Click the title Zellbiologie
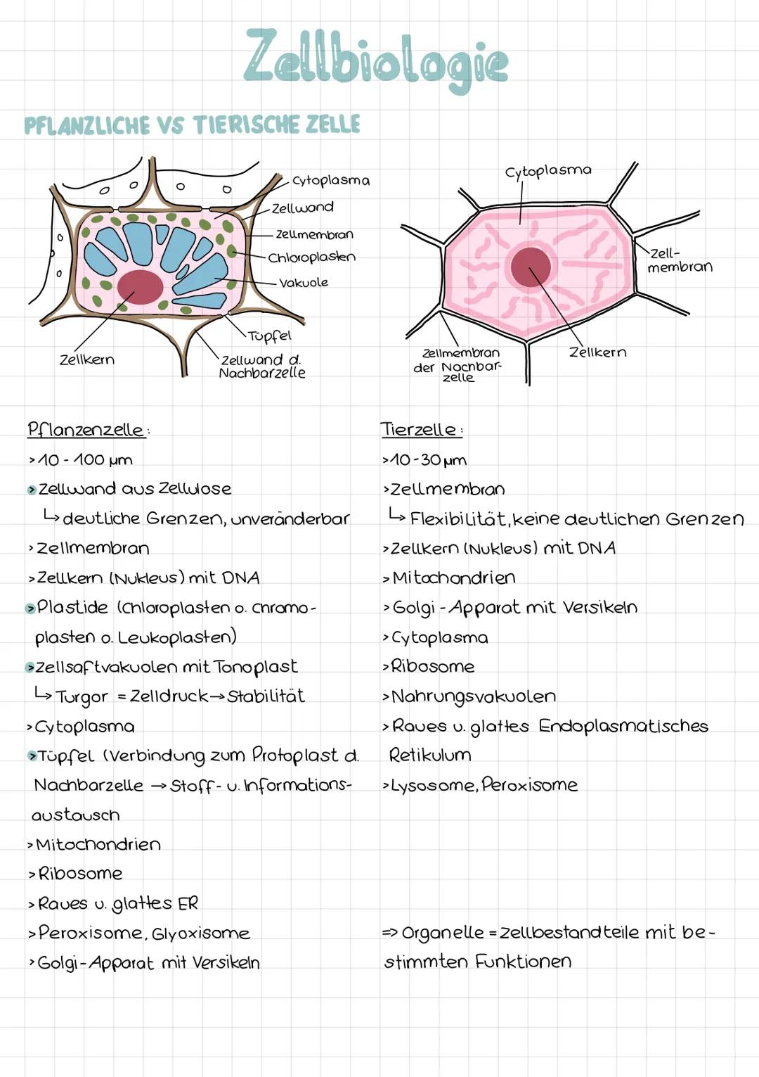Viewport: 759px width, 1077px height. (376, 61)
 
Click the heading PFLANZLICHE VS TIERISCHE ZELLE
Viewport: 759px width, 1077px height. (192, 125)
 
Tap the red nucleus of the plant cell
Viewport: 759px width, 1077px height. (140, 286)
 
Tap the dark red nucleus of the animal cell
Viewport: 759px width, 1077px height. (531, 267)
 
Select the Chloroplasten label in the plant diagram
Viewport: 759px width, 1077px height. (312, 257)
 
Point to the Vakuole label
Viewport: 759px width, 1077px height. (304, 283)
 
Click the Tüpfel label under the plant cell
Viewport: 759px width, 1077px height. (269, 336)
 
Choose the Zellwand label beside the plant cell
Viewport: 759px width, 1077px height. (303, 208)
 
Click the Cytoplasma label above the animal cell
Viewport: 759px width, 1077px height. (548, 171)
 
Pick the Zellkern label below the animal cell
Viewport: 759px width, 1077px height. (597, 352)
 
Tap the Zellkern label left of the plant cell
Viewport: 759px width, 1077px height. (86, 359)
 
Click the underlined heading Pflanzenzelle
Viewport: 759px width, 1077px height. (86, 429)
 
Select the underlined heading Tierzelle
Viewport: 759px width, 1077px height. (419, 429)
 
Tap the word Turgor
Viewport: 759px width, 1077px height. (82, 697)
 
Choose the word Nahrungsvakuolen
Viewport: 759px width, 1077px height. (473, 696)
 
